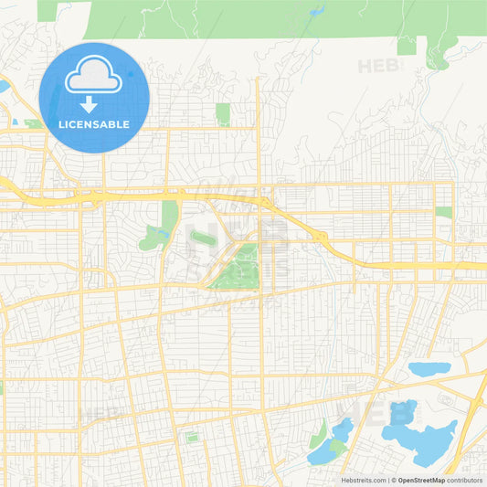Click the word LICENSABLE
coord(94,124)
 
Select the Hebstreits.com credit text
coord(363,480)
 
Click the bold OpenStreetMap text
coord(421,480)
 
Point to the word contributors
coord(464,480)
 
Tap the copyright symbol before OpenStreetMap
coord(393,480)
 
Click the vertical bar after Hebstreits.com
coord(386,480)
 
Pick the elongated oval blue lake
coord(429,369)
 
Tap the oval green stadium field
coord(202,238)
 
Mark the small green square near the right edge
coord(444,212)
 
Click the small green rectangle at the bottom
coord(192,438)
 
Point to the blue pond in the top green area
coord(316,12)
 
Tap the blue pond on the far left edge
coord(4,87)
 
